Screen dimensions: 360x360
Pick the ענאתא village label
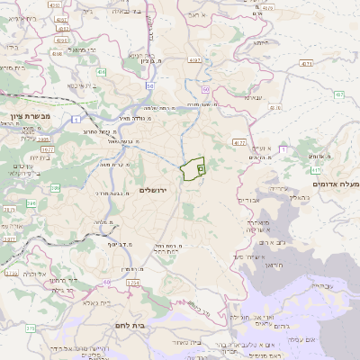click(x=253, y=97)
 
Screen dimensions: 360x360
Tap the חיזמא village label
click(x=262, y=42)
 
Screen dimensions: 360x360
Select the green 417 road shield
click(x=316, y=168)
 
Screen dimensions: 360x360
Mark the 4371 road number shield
click(x=307, y=64)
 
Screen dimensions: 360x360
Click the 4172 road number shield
click(x=238, y=141)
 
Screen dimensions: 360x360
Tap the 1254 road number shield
click(x=133, y=283)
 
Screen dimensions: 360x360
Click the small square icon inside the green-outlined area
click(x=201, y=168)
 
